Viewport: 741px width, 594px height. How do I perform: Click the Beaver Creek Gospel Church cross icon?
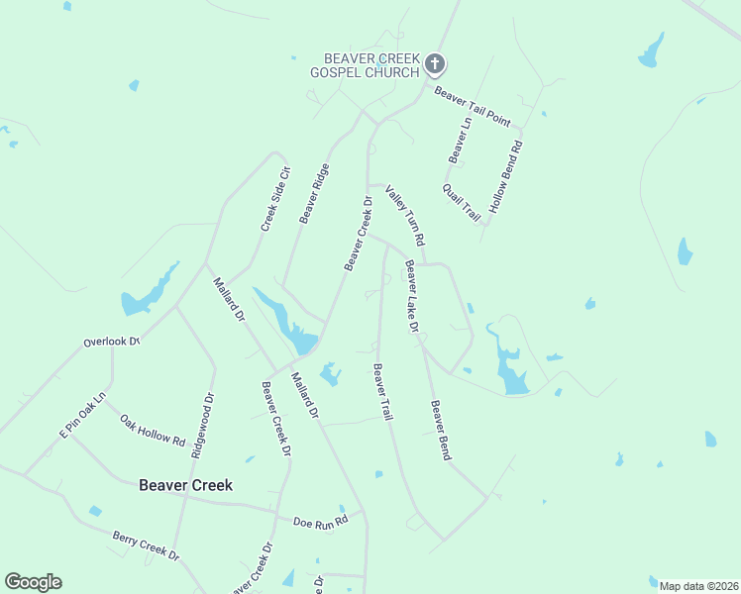pos(434,65)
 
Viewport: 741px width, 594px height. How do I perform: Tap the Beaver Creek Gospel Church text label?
pos(365,65)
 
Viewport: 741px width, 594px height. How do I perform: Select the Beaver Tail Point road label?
pos(472,107)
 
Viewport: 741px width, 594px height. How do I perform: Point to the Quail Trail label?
pos(462,202)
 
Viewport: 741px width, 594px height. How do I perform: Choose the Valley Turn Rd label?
pos(405,216)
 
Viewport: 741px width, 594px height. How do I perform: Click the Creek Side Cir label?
pos(274,198)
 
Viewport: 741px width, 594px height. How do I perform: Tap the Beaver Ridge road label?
pos(314,193)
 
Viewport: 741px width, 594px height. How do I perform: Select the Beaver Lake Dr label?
pos(411,296)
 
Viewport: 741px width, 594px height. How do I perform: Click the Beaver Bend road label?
pos(440,430)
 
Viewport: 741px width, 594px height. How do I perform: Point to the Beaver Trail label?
pos(382,392)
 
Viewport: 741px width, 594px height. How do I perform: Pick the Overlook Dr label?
pos(111,343)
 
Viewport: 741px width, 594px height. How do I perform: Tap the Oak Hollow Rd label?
pos(153,430)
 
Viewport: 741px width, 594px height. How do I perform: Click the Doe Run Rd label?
pos(321,521)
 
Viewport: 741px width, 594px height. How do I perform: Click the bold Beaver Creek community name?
pos(185,485)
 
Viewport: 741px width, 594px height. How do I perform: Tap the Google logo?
pos(33,582)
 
